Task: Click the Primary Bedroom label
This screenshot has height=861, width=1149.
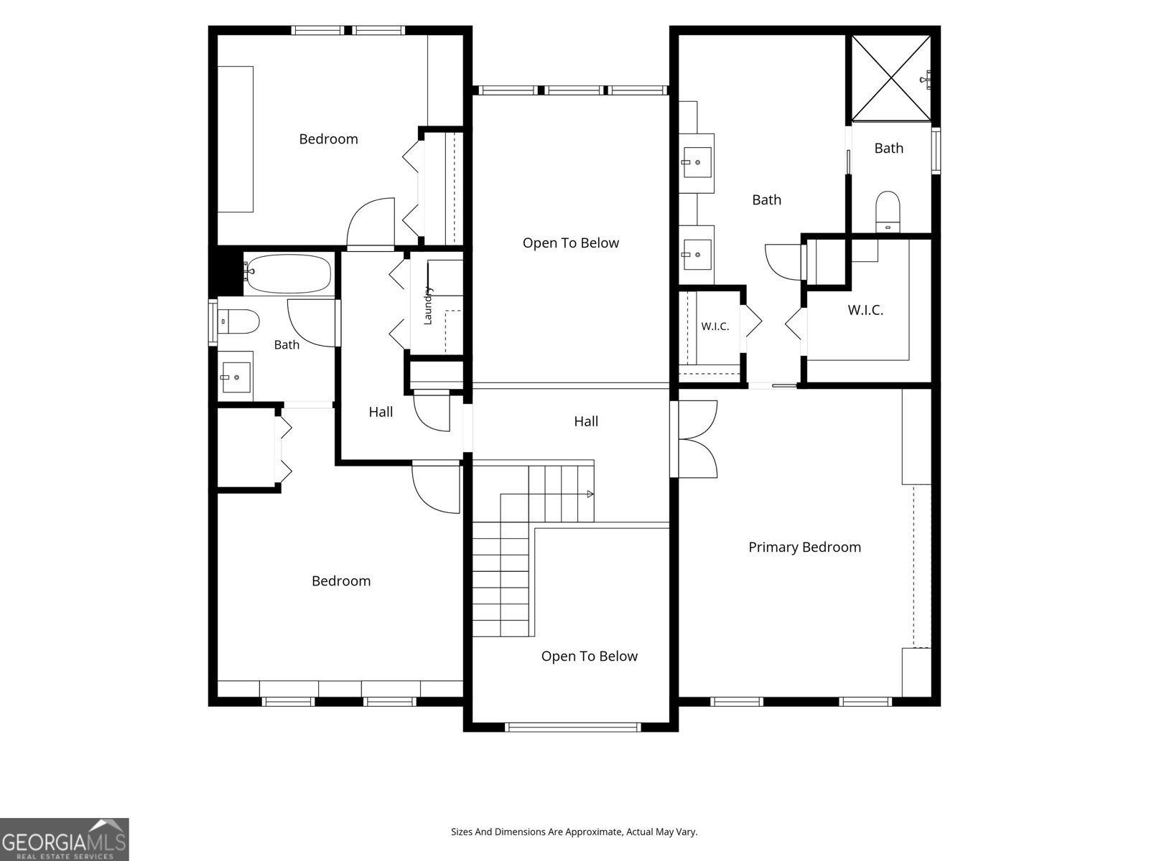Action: tap(804, 547)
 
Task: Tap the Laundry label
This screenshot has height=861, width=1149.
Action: tap(428, 306)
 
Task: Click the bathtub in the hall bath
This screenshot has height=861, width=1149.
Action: tap(289, 274)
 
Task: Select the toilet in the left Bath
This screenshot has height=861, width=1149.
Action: tap(238, 321)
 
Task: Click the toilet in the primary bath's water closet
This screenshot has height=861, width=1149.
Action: tap(888, 211)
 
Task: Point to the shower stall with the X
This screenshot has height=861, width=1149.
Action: tap(891, 78)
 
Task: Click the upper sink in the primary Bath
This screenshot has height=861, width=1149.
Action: tap(697, 163)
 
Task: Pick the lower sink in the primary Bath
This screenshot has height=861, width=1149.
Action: tap(697, 255)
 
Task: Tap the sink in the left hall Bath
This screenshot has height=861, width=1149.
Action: tap(236, 377)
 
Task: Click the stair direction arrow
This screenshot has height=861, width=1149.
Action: tap(590, 494)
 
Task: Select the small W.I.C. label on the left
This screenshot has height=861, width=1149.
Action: tap(715, 326)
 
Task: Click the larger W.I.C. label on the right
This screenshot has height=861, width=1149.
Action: tap(865, 310)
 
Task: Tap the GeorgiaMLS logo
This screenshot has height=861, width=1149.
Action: tap(65, 839)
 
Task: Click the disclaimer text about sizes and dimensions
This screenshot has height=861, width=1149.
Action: tap(574, 832)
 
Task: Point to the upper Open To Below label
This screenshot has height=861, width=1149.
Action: tap(571, 243)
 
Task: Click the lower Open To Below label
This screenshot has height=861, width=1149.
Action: tap(590, 656)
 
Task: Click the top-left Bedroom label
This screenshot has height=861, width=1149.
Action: tap(328, 139)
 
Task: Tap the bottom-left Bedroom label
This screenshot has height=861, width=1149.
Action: tap(341, 580)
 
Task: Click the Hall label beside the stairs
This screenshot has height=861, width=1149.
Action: tap(586, 421)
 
